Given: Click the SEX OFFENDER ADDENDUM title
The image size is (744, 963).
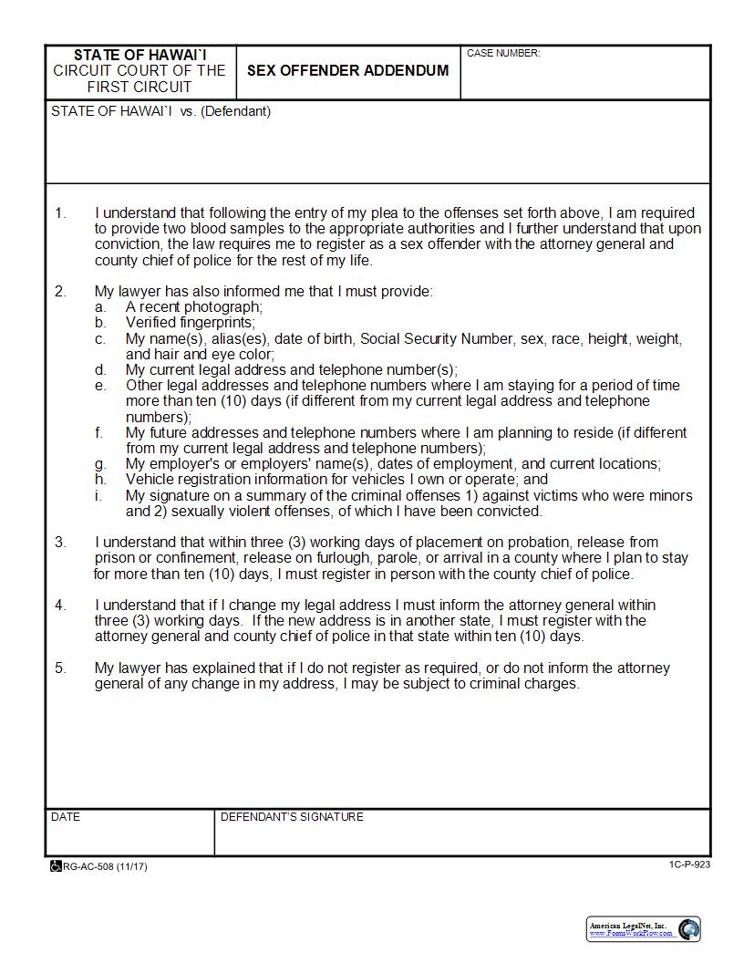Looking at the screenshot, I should [347, 70].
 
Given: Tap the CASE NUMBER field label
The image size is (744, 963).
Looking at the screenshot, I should [503, 54].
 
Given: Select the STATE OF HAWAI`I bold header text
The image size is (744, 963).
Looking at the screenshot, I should [139, 55].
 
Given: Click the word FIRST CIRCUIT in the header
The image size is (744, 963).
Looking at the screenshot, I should [139, 87].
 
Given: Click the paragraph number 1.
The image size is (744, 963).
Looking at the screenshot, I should [60, 213].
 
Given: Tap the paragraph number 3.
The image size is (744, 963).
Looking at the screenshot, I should [60, 543].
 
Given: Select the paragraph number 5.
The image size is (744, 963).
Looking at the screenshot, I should [60, 668].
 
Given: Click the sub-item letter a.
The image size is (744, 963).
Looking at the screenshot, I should [99, 307].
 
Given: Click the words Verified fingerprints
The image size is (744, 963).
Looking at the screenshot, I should [190, 323].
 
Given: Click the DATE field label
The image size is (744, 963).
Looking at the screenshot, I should [66, 817].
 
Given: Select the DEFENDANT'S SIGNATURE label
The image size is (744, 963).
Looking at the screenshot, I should [292, 817].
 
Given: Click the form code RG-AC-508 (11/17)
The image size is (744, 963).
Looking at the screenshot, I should [105, 866].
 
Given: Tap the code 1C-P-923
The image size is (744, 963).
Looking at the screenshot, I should [688, 865].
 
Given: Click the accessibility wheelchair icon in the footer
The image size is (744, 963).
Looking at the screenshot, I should [56, 866].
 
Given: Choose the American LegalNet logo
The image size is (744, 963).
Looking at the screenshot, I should [644, 929].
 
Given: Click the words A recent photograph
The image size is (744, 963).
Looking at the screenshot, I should [193, 307].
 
